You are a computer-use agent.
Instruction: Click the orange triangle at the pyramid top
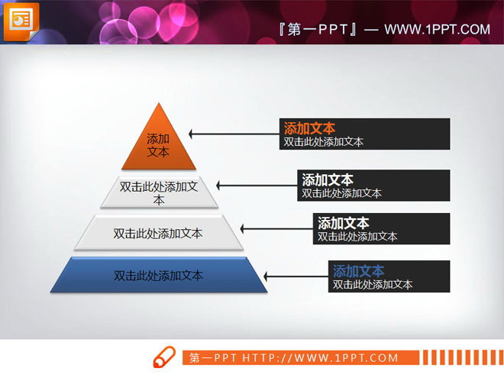159,141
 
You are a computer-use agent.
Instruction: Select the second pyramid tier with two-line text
159,192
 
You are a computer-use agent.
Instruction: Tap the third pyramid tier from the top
159,233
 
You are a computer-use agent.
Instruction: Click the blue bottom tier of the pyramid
159,275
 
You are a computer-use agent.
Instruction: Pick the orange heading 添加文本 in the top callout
309,128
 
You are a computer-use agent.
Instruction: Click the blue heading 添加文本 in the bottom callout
359,270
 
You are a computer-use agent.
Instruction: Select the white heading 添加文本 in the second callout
328,180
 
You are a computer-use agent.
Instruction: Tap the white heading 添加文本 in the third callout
344,223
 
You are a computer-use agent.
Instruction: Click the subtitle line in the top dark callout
323,141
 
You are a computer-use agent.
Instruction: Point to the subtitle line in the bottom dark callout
373,284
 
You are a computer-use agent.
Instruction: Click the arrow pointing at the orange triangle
233,134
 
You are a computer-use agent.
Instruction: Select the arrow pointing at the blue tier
298,276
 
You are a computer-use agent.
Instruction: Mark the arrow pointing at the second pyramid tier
256,185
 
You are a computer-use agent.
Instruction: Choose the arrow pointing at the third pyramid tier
275,228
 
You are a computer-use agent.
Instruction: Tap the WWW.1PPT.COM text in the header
437,30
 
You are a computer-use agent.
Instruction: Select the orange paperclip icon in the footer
163,357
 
